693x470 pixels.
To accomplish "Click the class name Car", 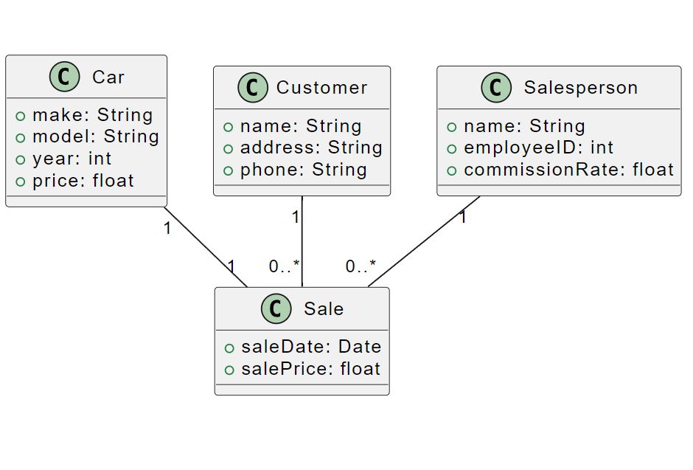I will (x=108, y=77).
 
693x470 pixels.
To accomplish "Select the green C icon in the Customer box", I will (x=252, y=88).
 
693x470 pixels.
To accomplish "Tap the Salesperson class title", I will (x=580, y=88).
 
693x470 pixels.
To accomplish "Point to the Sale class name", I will (x=324, y=308).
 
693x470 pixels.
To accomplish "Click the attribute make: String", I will (x=92, y=115).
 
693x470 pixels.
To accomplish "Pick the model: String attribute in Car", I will (x=95, y=136).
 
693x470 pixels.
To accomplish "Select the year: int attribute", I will (x=72, y=159).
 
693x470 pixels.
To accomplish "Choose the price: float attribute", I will (x=83, y=181).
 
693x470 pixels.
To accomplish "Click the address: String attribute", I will (x=310, y=148).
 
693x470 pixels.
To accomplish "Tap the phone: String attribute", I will (x=303, y=170).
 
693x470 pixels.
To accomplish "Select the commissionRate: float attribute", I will (x=568, y=170).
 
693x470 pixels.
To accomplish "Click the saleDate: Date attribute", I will (x=310, y=347).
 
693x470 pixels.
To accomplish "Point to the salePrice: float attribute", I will (x=310, y=369).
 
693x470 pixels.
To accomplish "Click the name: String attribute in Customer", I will (x=300, y=126).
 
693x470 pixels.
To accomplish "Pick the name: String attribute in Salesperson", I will (x=523, y=126).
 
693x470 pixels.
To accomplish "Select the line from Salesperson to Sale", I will (x=424, y=241).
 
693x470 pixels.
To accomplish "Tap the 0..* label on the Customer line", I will (x=284, y=266).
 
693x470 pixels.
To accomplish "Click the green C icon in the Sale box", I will (x=276, y=308).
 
